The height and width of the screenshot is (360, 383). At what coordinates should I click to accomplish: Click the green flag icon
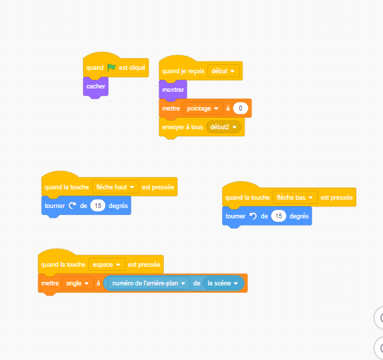pyautogui.click(x=111, y=67)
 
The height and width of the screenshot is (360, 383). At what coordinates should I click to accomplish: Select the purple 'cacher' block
pyautogui.click(x=95, y=86)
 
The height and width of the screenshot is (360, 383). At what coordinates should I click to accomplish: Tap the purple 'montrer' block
pyautogui.click(x=173, y=90)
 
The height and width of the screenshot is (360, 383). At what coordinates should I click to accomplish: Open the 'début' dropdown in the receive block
pyautogui.click(x=223, y=71)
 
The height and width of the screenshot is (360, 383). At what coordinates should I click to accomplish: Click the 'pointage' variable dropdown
pyautogui.click(x=203, y=108)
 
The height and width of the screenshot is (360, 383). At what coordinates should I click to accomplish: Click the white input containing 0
pyautogui.click(x=241, y=108)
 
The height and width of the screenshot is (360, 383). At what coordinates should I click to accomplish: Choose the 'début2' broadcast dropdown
pyautogui.click(x=223, y=127)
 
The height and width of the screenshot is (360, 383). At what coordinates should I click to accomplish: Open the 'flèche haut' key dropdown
pyautogui.click(x=115, y=187)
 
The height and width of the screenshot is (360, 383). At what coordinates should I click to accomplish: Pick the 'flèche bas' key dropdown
pyautogui.click(x=295, y=198)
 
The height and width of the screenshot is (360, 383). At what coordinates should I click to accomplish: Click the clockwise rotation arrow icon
pyautogui.click(x=73, y=206)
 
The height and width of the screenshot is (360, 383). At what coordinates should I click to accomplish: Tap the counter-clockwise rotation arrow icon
pyautogui.click(x=253, y=216)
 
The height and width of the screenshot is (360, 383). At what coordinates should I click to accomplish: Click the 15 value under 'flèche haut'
pyautogui.click(x=97, y=206)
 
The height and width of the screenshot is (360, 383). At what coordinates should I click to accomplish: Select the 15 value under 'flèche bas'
pyautogui.click(x=279, y=216)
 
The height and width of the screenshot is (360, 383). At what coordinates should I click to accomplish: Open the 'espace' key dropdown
pyautogui.click(x=106, y=265)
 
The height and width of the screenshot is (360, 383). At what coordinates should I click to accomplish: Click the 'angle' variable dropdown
pyautogui.click(x=77, y=283)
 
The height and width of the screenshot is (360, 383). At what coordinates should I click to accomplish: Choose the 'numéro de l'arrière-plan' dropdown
pyautogui.click(x=149, y=283)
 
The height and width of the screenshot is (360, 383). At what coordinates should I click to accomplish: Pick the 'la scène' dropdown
pyautogui.click(x=223, y=283)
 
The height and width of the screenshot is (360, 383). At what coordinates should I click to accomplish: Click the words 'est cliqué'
pyautogui.click(x=132, y=68)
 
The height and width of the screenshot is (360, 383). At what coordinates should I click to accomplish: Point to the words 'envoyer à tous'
pyautogui.click(x=183, y=127)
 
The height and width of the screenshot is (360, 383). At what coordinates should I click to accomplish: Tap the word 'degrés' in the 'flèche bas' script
pyautogui.click(x=299, y=216)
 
